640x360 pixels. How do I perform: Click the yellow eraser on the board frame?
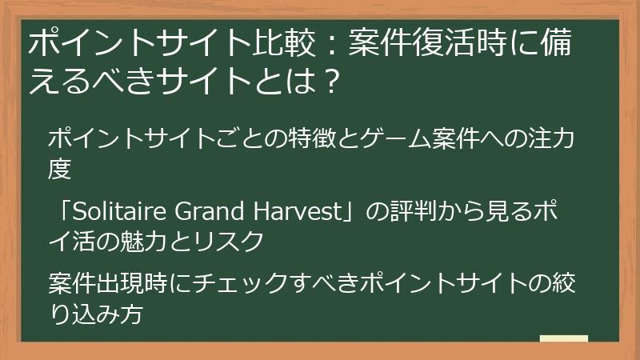pos(563,339)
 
